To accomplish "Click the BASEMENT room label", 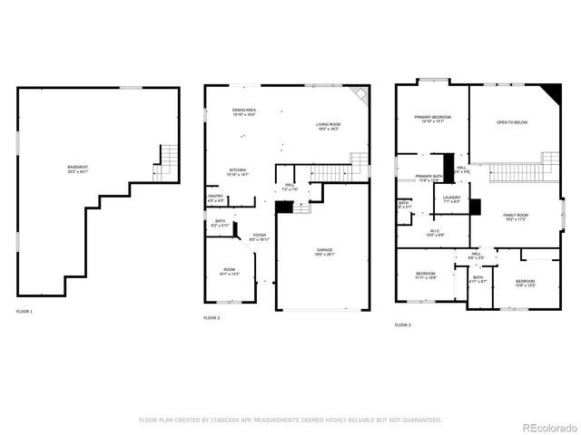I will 77,169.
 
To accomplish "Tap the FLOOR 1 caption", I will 24,312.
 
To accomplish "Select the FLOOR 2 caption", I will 212,318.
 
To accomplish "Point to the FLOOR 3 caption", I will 402,324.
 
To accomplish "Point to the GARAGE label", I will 323,251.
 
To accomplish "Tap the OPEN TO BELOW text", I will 512,122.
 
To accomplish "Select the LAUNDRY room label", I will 451,198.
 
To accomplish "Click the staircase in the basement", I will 166,160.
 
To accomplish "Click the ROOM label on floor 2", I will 229,271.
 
